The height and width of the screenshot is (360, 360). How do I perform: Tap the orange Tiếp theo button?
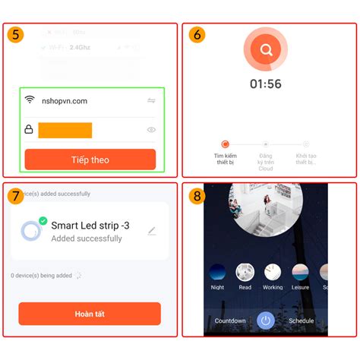click(90, 159)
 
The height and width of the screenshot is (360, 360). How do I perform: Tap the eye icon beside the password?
click(151, 130)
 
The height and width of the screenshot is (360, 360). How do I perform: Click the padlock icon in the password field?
click(29, 130)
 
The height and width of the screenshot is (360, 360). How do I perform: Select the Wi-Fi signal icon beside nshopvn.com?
click(30, 99)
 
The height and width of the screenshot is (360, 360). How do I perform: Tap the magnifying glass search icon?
click(266, 50)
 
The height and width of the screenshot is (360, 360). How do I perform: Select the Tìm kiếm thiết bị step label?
click(225, 159)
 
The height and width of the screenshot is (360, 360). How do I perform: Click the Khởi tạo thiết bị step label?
click(306, 159)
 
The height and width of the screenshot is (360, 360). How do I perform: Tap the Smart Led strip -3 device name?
click(89, 224)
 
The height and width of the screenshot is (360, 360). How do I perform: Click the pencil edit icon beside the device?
click(152, 231)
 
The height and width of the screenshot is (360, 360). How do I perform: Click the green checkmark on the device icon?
click(43, 220)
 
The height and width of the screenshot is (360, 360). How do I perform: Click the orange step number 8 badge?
click(196, 196)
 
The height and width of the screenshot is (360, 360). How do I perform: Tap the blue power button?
click(265, 321)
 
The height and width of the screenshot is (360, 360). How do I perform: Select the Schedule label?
click(302, 321)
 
